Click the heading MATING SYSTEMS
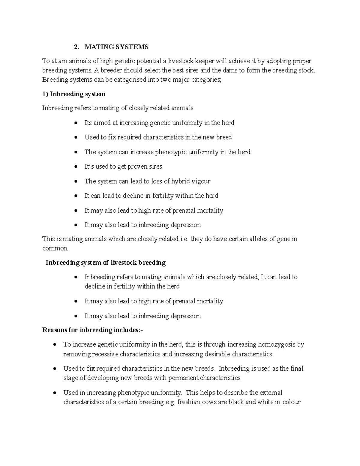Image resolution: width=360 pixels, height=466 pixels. coord(116,47)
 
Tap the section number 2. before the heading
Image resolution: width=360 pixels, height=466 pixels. coord(77,47)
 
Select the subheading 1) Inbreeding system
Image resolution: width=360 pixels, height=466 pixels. coord(74,94)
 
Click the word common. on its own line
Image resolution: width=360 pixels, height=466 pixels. coord(55,248)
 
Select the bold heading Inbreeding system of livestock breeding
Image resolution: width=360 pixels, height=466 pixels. coord(105,263)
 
